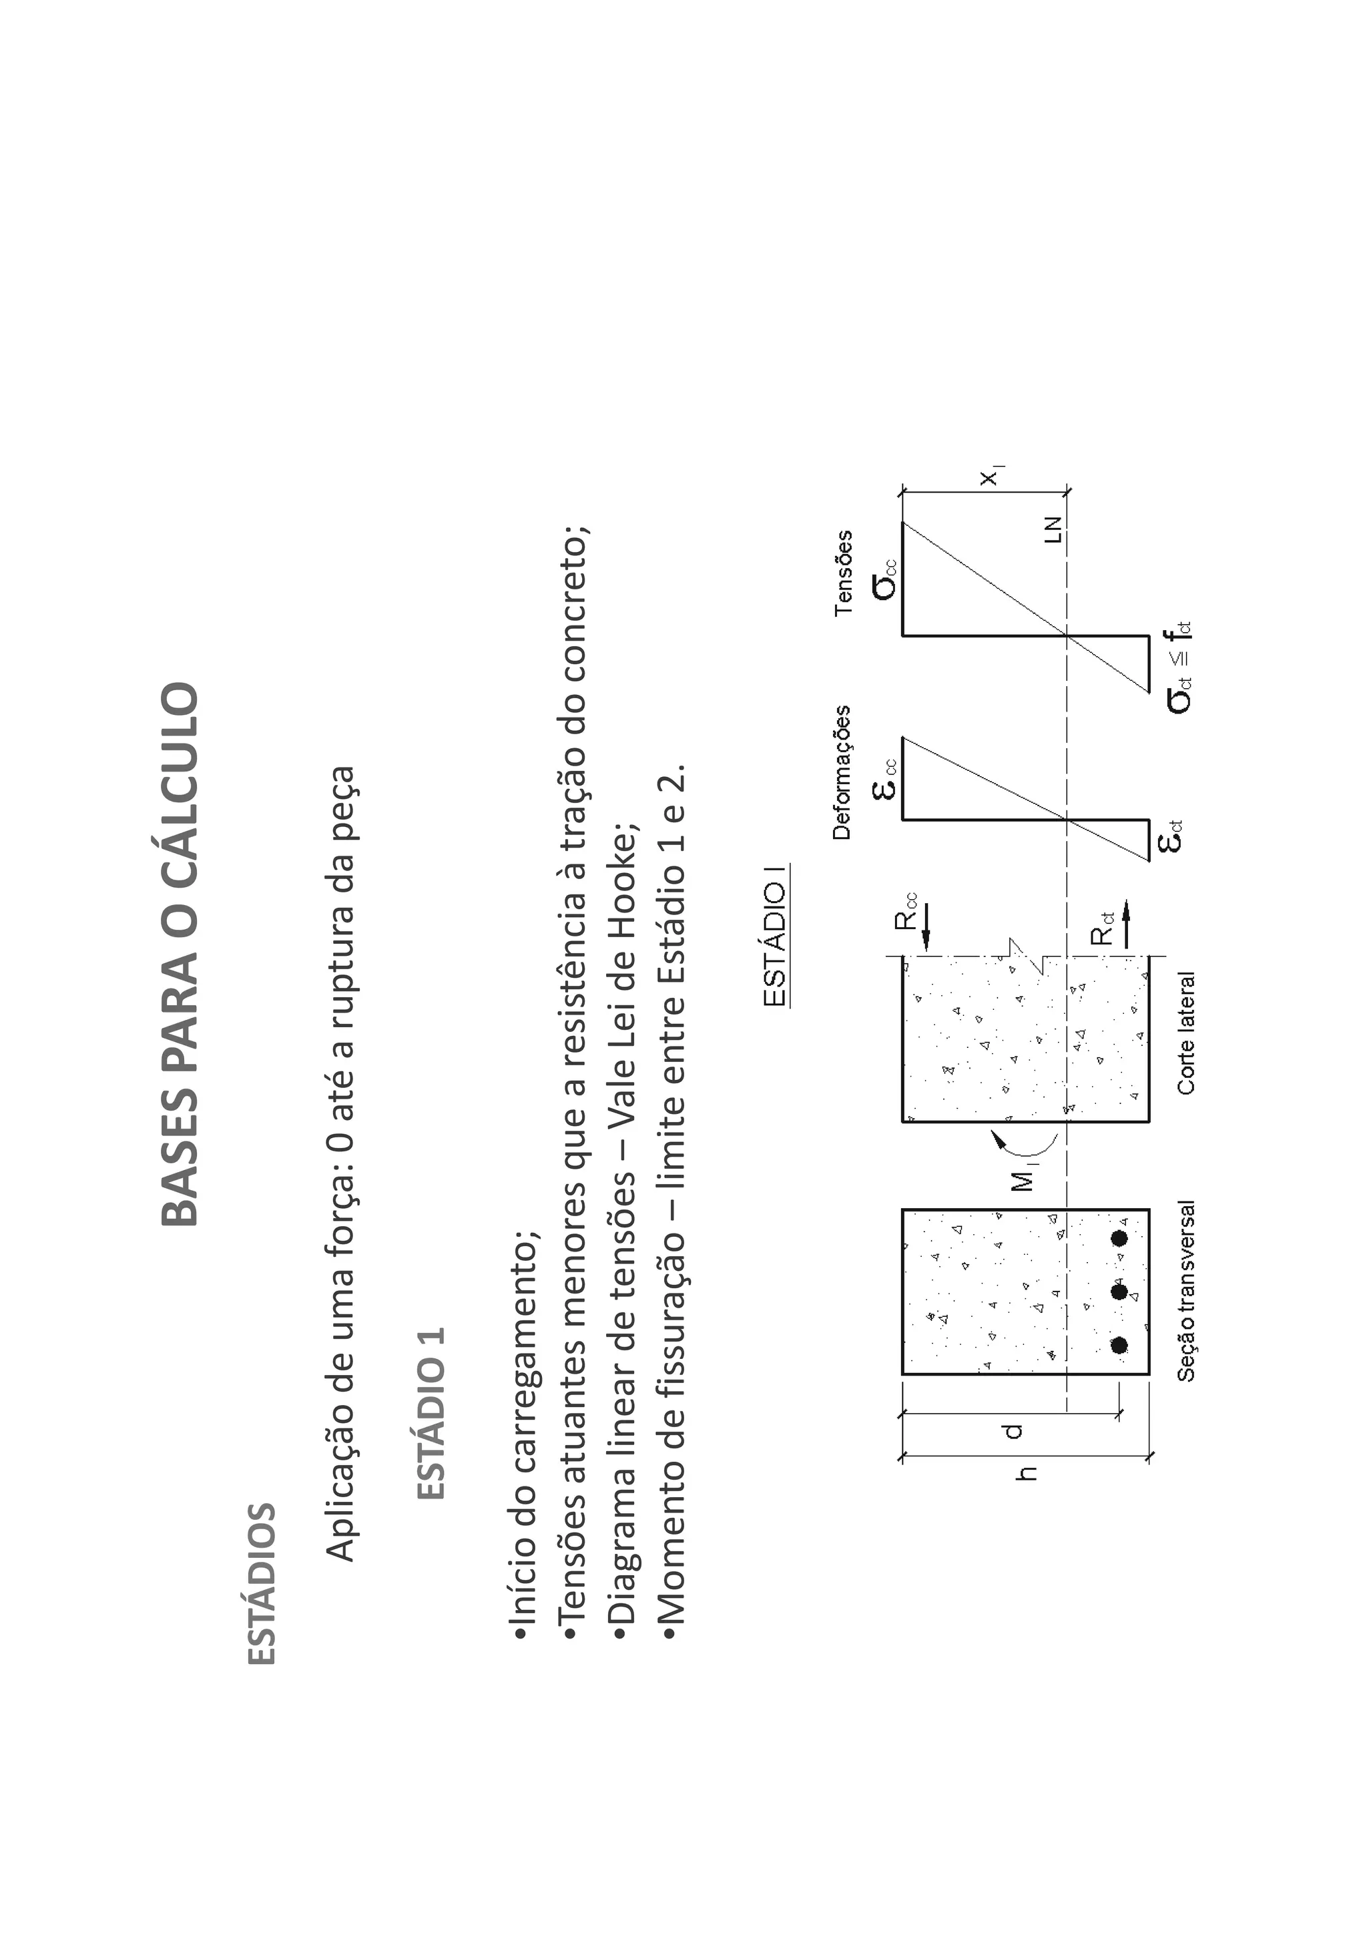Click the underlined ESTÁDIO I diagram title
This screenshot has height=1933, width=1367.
774,935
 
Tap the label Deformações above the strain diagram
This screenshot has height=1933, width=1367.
842,773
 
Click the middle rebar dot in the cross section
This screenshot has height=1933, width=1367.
1119,1292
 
